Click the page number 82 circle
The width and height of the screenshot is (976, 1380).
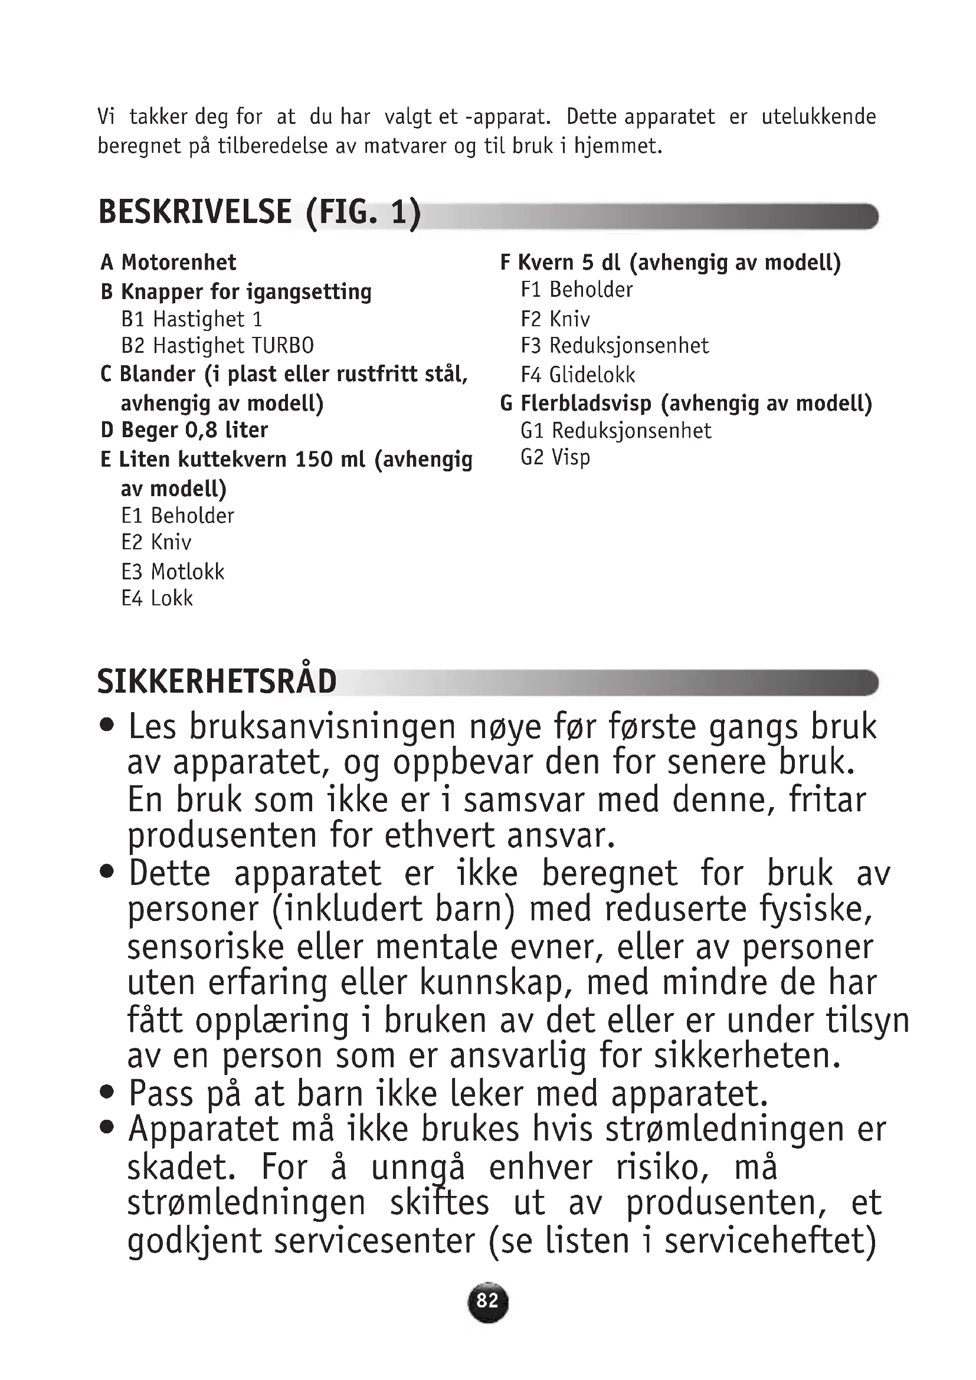coord(487,1302)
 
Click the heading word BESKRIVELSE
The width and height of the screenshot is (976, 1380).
coord(195,212)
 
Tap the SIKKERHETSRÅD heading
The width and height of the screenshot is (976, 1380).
coord(217,681)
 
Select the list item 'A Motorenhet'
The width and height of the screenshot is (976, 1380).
coord(168,263)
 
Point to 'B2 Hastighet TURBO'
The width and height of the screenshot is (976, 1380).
coord(218,346)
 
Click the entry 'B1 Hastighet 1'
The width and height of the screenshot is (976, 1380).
coord(192,319)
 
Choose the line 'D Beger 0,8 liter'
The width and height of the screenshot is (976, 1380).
coord(184,430)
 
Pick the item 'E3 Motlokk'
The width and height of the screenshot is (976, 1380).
coord(172,572)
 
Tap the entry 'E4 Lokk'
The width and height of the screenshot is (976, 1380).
coord(157,599)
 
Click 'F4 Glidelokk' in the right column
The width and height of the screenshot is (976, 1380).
coord(578,375)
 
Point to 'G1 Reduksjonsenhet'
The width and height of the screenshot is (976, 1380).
coord(616,431)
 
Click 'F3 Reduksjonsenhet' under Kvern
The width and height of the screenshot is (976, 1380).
coord(615,346)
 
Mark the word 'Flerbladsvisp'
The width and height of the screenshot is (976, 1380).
coord(586,404)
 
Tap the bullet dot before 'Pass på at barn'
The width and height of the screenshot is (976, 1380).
coord(107,1091)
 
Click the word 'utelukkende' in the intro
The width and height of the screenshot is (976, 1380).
coord(818,117)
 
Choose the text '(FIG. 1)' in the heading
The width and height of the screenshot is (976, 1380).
coord(363,212)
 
